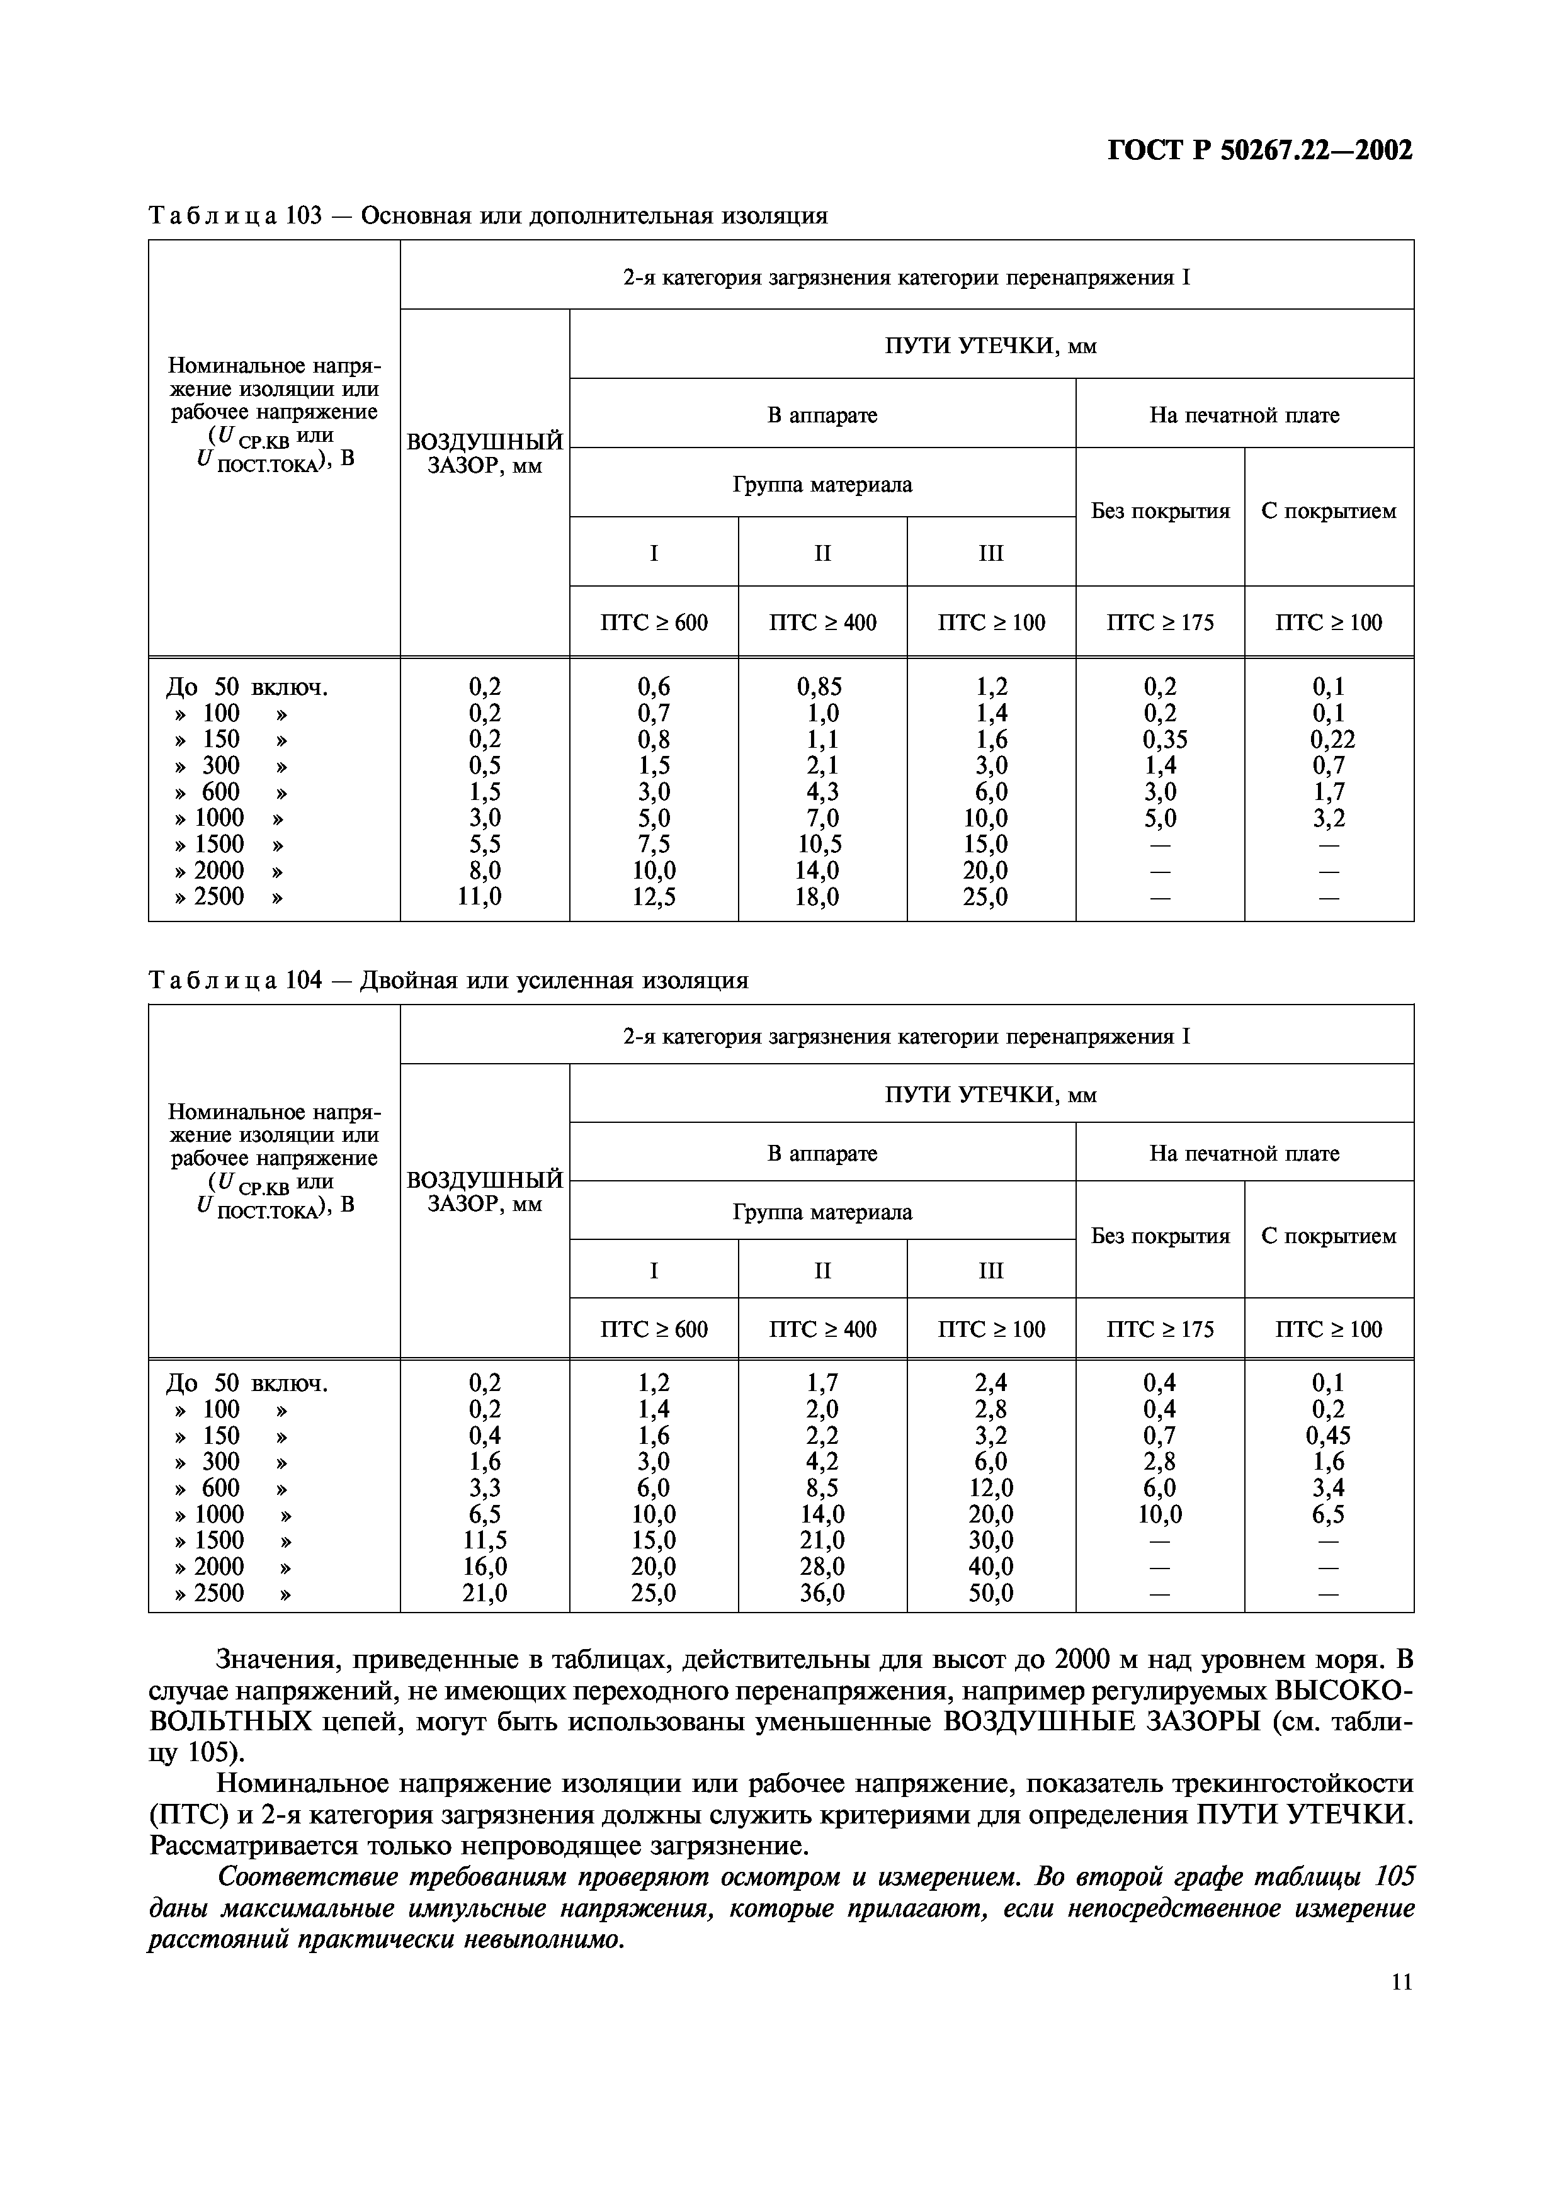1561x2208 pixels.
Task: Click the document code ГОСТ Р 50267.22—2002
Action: tap(1260, 151)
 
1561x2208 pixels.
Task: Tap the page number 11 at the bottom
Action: tap(1401, 1981)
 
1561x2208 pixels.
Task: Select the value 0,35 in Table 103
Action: tap(1165, 740)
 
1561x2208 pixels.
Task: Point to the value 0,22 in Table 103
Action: tap(1331, 740)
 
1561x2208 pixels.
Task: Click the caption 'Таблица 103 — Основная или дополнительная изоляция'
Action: tap(487, 215)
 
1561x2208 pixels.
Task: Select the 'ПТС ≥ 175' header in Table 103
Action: tap(1160, 622)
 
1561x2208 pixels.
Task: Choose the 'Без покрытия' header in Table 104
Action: tap(1160, 1236)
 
